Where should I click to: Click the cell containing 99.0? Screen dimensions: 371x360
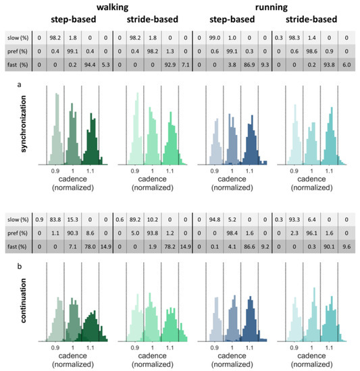coord(217,37)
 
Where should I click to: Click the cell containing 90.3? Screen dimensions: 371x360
coord(70,232)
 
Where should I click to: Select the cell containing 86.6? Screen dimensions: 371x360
coord(253,247)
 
